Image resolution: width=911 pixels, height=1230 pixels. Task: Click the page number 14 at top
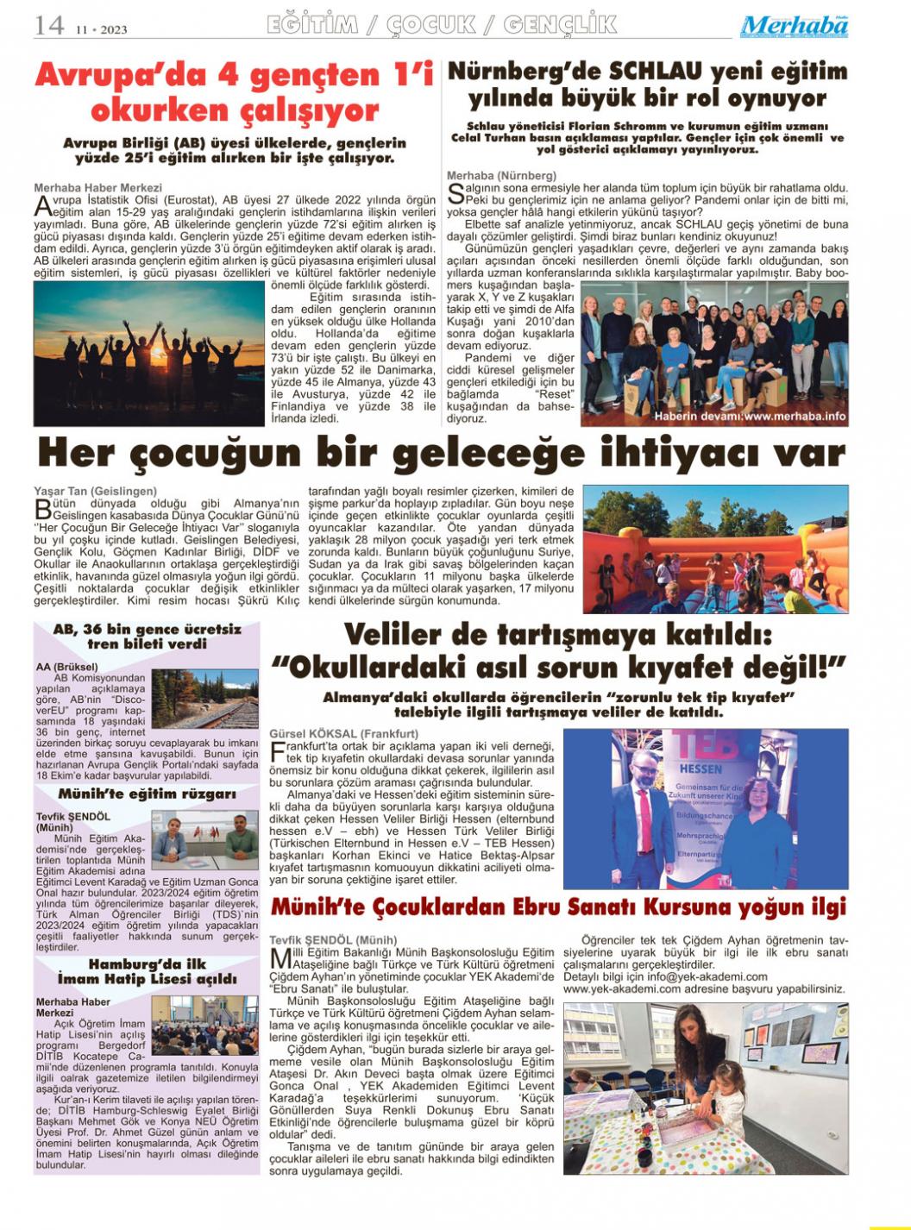click(49, 25)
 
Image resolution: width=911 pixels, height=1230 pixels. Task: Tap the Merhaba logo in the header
click(794, 26)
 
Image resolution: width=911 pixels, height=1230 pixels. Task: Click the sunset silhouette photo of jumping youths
click(148, 354)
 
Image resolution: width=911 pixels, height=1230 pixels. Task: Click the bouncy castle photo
click(715, 549)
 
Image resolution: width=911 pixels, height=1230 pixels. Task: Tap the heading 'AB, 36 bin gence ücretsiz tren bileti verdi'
click(147, 637)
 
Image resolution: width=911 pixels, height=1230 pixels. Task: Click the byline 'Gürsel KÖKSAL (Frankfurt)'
click(332, 733)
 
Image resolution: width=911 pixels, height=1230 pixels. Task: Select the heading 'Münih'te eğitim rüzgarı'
click(147, 794)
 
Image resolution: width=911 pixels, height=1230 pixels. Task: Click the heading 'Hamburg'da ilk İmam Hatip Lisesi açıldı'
click(147, 971)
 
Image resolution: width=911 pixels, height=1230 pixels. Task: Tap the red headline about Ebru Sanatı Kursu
click(558, 907)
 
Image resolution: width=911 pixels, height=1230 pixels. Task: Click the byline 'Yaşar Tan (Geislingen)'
click(95, 491)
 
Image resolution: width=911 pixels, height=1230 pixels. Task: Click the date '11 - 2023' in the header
click(101, 29)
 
